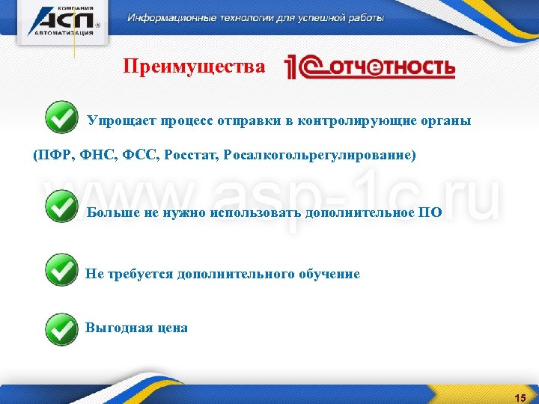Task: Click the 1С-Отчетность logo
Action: coord(370,68)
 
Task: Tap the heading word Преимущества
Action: coord(194,67)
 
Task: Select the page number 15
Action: coord(520,397)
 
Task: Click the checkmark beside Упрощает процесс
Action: coord(61,118)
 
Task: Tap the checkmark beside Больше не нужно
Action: coord(61,207)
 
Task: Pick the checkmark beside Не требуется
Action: coord(61,270)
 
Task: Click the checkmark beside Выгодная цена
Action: coord(61,328)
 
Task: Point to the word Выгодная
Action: coord(119,328)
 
